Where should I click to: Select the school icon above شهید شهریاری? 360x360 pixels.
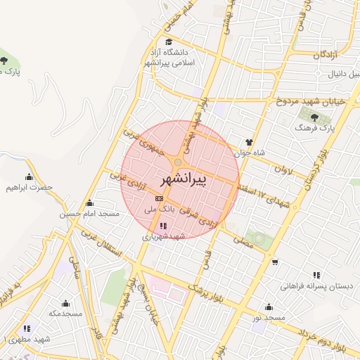[163, 226]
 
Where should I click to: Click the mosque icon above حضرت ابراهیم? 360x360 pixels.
[29, 177]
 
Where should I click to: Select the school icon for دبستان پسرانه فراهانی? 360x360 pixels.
[316, 275]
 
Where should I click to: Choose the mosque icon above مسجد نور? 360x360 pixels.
[269, 307]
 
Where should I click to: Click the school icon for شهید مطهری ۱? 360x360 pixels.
[26, 328]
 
